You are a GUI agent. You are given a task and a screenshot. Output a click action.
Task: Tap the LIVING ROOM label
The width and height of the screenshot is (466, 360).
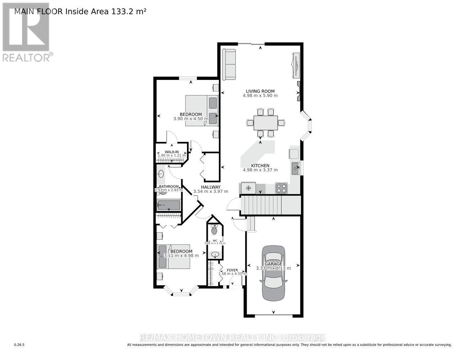coord(260,91)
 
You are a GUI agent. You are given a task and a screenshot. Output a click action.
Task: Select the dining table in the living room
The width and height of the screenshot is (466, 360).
coord(265,123)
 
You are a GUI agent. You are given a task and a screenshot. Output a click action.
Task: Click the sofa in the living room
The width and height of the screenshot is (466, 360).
coord(229,64)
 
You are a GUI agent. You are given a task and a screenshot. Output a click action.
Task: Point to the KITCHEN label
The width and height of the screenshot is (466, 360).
coord(260,165)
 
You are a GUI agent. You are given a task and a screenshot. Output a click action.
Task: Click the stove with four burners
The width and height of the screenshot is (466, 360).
coord(281,188)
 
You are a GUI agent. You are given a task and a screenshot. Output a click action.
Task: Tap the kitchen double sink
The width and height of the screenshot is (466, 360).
coord(296,168)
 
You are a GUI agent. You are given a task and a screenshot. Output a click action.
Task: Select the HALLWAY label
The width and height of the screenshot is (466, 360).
coord(211,187)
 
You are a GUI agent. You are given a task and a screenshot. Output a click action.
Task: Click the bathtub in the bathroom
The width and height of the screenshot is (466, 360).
coord(169,206)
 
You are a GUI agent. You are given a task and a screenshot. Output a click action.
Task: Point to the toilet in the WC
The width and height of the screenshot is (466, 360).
coord(214,230)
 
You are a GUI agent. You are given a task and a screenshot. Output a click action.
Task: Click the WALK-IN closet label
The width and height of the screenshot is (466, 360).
coord(172,152)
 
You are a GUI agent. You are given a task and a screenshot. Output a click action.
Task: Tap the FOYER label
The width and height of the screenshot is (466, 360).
coord(232,270)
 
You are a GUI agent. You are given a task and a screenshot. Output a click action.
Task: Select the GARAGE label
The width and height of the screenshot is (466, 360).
coord(274,264)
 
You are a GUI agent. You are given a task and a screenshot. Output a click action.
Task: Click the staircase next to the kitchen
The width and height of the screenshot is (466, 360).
coord(270,205)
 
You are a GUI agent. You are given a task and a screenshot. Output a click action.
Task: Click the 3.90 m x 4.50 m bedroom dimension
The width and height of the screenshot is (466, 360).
coord(191,119)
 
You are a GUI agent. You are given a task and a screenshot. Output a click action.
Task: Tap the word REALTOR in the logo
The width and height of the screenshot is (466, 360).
coord(26,57)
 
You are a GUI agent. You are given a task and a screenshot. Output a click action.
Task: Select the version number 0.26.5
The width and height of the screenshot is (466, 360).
coord(19,345)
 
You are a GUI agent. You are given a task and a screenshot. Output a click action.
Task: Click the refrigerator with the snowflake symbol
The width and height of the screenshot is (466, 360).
coord(248,188)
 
